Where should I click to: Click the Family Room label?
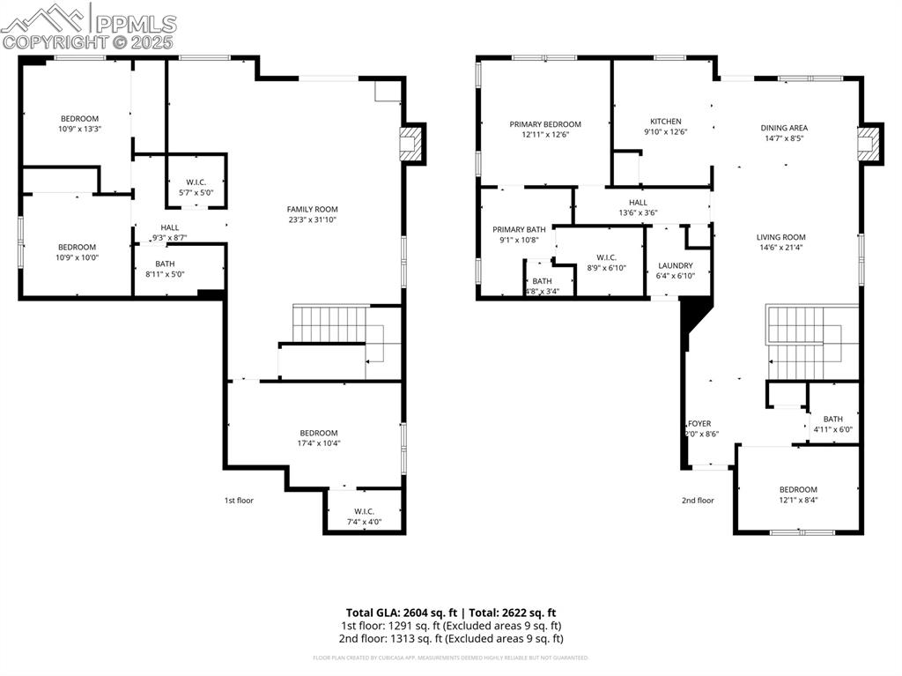[x=313, y=209]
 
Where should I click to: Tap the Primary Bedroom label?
[x=545, y=124]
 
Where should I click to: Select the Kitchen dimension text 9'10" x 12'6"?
[x=665, y=132]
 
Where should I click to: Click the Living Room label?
[x=780, y=237]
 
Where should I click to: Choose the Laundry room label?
[x=676, y=265]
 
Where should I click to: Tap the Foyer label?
[x=699, y=424]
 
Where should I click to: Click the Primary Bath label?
[x=519, y=229]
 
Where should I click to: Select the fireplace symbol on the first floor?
[x=410, y=144]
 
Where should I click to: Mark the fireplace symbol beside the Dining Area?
[x=869, y=144]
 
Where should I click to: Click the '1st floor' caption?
[x=239, y=501]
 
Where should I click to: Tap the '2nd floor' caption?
[x=698, y=501]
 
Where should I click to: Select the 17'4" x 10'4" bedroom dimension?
[x=319, y=443]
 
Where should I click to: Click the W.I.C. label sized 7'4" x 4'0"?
[x=365, y=511]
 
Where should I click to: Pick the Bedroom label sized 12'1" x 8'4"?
[x=798, y=490]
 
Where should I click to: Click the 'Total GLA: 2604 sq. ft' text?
[x=401, y=613]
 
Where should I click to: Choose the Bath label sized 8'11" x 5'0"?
[x=165, y=264]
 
